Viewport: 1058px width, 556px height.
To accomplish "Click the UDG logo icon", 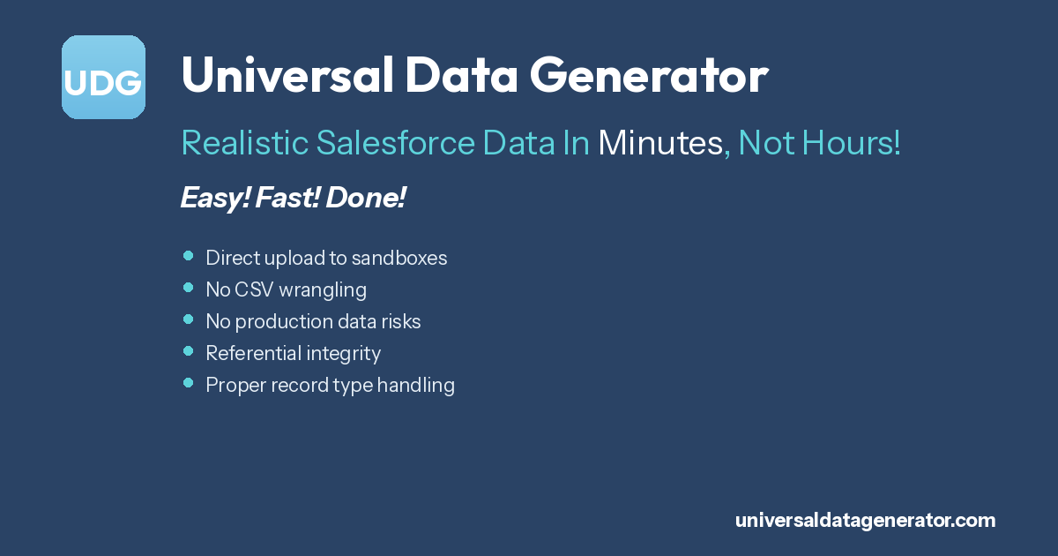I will [103, 78].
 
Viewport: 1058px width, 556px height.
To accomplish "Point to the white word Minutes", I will [660, 143].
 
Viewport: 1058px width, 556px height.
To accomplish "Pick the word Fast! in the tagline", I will [289, 199].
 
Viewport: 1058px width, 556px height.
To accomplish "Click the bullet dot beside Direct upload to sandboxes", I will [188, 256].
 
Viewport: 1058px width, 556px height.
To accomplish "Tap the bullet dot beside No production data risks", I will [188, 319].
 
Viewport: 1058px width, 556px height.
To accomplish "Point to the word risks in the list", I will [399, 321].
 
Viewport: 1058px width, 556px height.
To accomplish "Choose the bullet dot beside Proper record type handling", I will [188, 383].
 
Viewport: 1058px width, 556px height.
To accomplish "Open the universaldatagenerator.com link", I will [865, 521].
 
